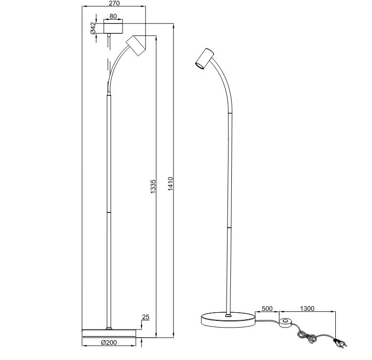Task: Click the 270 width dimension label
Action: pyautogui.click(x=114, y=3)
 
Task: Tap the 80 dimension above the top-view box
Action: pyautogui.click(x=113, y=16)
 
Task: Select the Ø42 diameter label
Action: pyautogui.click(x=93, y=28)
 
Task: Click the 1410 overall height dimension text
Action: pyautogui.click(x=170, y=184)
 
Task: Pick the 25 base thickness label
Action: pyautogui.click(x=146, y=318)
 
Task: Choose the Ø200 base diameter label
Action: pyautogui.click(x=109, y=342)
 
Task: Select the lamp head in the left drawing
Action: pyautogui.click(x=136, y=45)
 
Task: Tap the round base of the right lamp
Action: pyautogui.click(x=228, y=320)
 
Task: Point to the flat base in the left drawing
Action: pyautogui.click(x=110, y=332)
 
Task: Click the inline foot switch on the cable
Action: pyautogui.click(x=285, y=323)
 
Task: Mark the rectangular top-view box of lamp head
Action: pyautogui.click(x=110, y=27)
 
